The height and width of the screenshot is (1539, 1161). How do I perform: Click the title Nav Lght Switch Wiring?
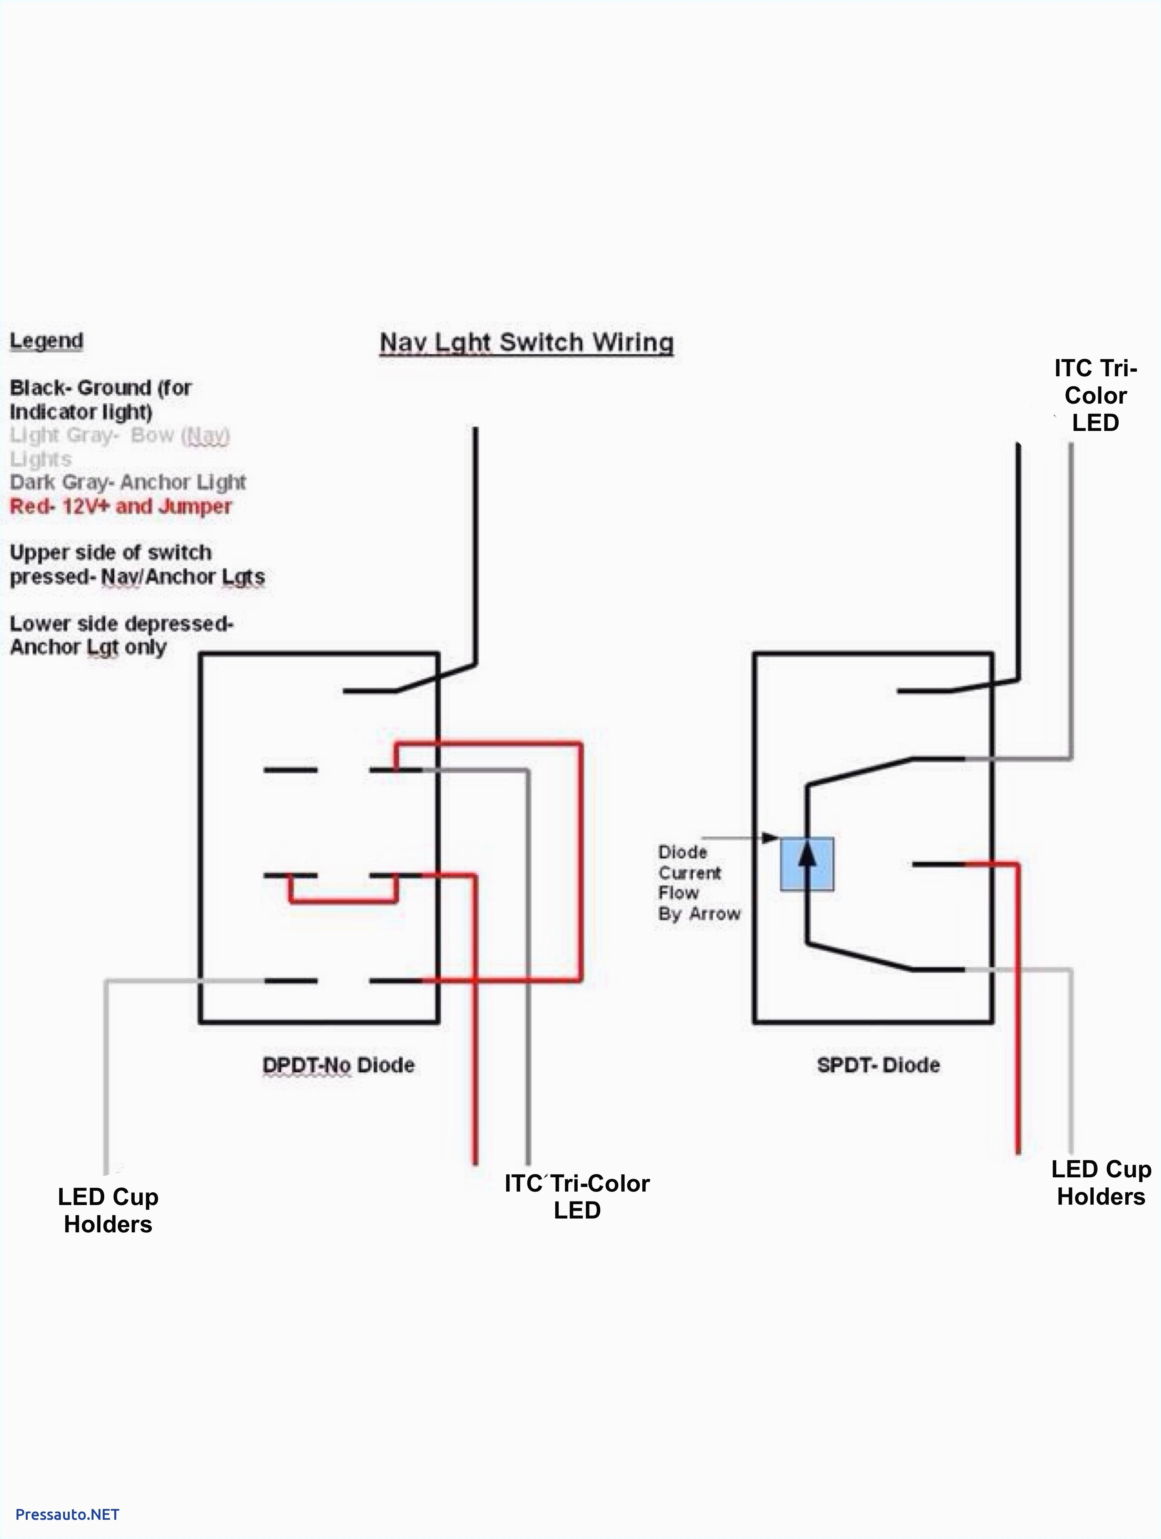[526, 343]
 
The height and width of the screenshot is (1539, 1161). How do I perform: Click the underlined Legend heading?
[46, 341]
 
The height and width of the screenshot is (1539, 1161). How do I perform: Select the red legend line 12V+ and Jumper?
[120, 506]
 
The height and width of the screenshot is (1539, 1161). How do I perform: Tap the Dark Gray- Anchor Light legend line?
[127, 482]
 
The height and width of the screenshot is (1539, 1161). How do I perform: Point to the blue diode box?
[807, 864]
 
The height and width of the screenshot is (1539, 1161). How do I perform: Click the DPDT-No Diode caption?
[338, 1065]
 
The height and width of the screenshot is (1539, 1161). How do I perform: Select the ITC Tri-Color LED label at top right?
[1095, 395]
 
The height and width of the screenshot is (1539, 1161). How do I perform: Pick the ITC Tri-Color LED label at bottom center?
[576, 1196]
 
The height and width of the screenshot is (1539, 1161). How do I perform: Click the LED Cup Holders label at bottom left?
[108, 1210]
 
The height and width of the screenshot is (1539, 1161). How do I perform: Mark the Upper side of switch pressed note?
[137, 564]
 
